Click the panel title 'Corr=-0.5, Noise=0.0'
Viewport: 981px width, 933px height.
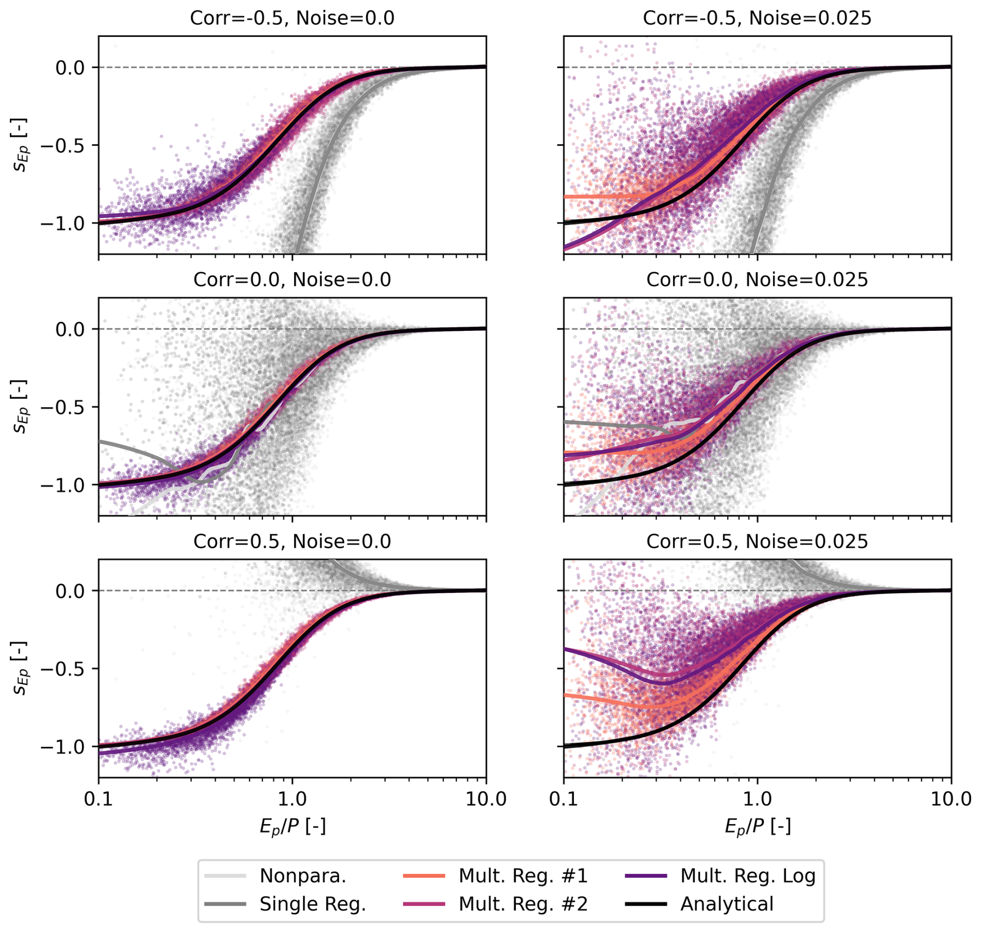tap(292, 18)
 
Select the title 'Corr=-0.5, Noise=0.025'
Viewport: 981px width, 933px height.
tap(757, 18)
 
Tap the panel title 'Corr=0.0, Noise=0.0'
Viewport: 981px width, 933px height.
tap(292, 280)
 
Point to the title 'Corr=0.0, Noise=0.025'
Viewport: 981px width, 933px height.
tap(757, 280)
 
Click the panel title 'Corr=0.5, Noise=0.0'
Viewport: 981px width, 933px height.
tap(292, 542)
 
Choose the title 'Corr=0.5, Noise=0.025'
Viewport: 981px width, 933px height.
tap(757, 542)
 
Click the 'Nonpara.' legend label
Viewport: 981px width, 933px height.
tap(303, 875)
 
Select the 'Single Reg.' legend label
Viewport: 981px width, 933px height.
tap(313, 904)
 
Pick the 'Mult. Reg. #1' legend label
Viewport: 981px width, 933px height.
tap(523, 875)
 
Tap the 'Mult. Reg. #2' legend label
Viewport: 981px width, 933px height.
tap(523, 904)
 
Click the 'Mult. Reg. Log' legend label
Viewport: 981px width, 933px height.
tap(748, 875)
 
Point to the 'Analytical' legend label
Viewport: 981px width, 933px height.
tap(726, 904)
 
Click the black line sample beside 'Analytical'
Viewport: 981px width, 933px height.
tap(646, 904)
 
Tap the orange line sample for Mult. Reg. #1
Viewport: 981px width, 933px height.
tap(424, 875)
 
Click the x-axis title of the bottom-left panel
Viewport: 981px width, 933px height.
tap(292, 827)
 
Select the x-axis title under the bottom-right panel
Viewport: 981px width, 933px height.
tap(758, 827)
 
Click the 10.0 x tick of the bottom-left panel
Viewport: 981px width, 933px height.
tap(486, 799)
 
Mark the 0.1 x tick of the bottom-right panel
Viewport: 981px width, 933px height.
tap(564, 799)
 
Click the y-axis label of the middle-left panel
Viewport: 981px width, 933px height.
tap(21, 407)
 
